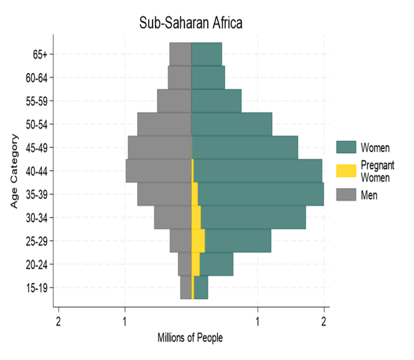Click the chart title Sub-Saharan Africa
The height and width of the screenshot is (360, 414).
[x=190, y=23]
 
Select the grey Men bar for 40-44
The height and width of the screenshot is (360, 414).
[x=159, y=170]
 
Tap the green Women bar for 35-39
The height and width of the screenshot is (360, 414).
[x=260, y=194]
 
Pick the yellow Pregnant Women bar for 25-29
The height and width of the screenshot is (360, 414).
[x=198, y=240]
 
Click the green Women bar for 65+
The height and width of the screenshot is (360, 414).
[x=207, y=54]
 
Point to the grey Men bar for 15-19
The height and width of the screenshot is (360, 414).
[x=186, y=287]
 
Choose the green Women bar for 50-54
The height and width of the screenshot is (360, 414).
[x=232, y=124]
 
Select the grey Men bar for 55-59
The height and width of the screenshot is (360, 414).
[x=174, y=101]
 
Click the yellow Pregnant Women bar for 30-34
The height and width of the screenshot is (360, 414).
[x=196, y=217]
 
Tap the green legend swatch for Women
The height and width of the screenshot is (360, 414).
[x=346, y=147]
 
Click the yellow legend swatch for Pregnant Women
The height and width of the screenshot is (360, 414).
[x=346, y=170]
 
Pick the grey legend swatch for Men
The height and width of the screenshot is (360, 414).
[x=346, y=194]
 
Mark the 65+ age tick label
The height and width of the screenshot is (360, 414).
[x=41, y=54]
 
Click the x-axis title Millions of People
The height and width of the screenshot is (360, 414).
[x=190, y=338]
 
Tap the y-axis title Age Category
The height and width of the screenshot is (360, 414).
[x=14, y=171]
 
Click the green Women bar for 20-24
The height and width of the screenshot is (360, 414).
[x=216, y=264]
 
